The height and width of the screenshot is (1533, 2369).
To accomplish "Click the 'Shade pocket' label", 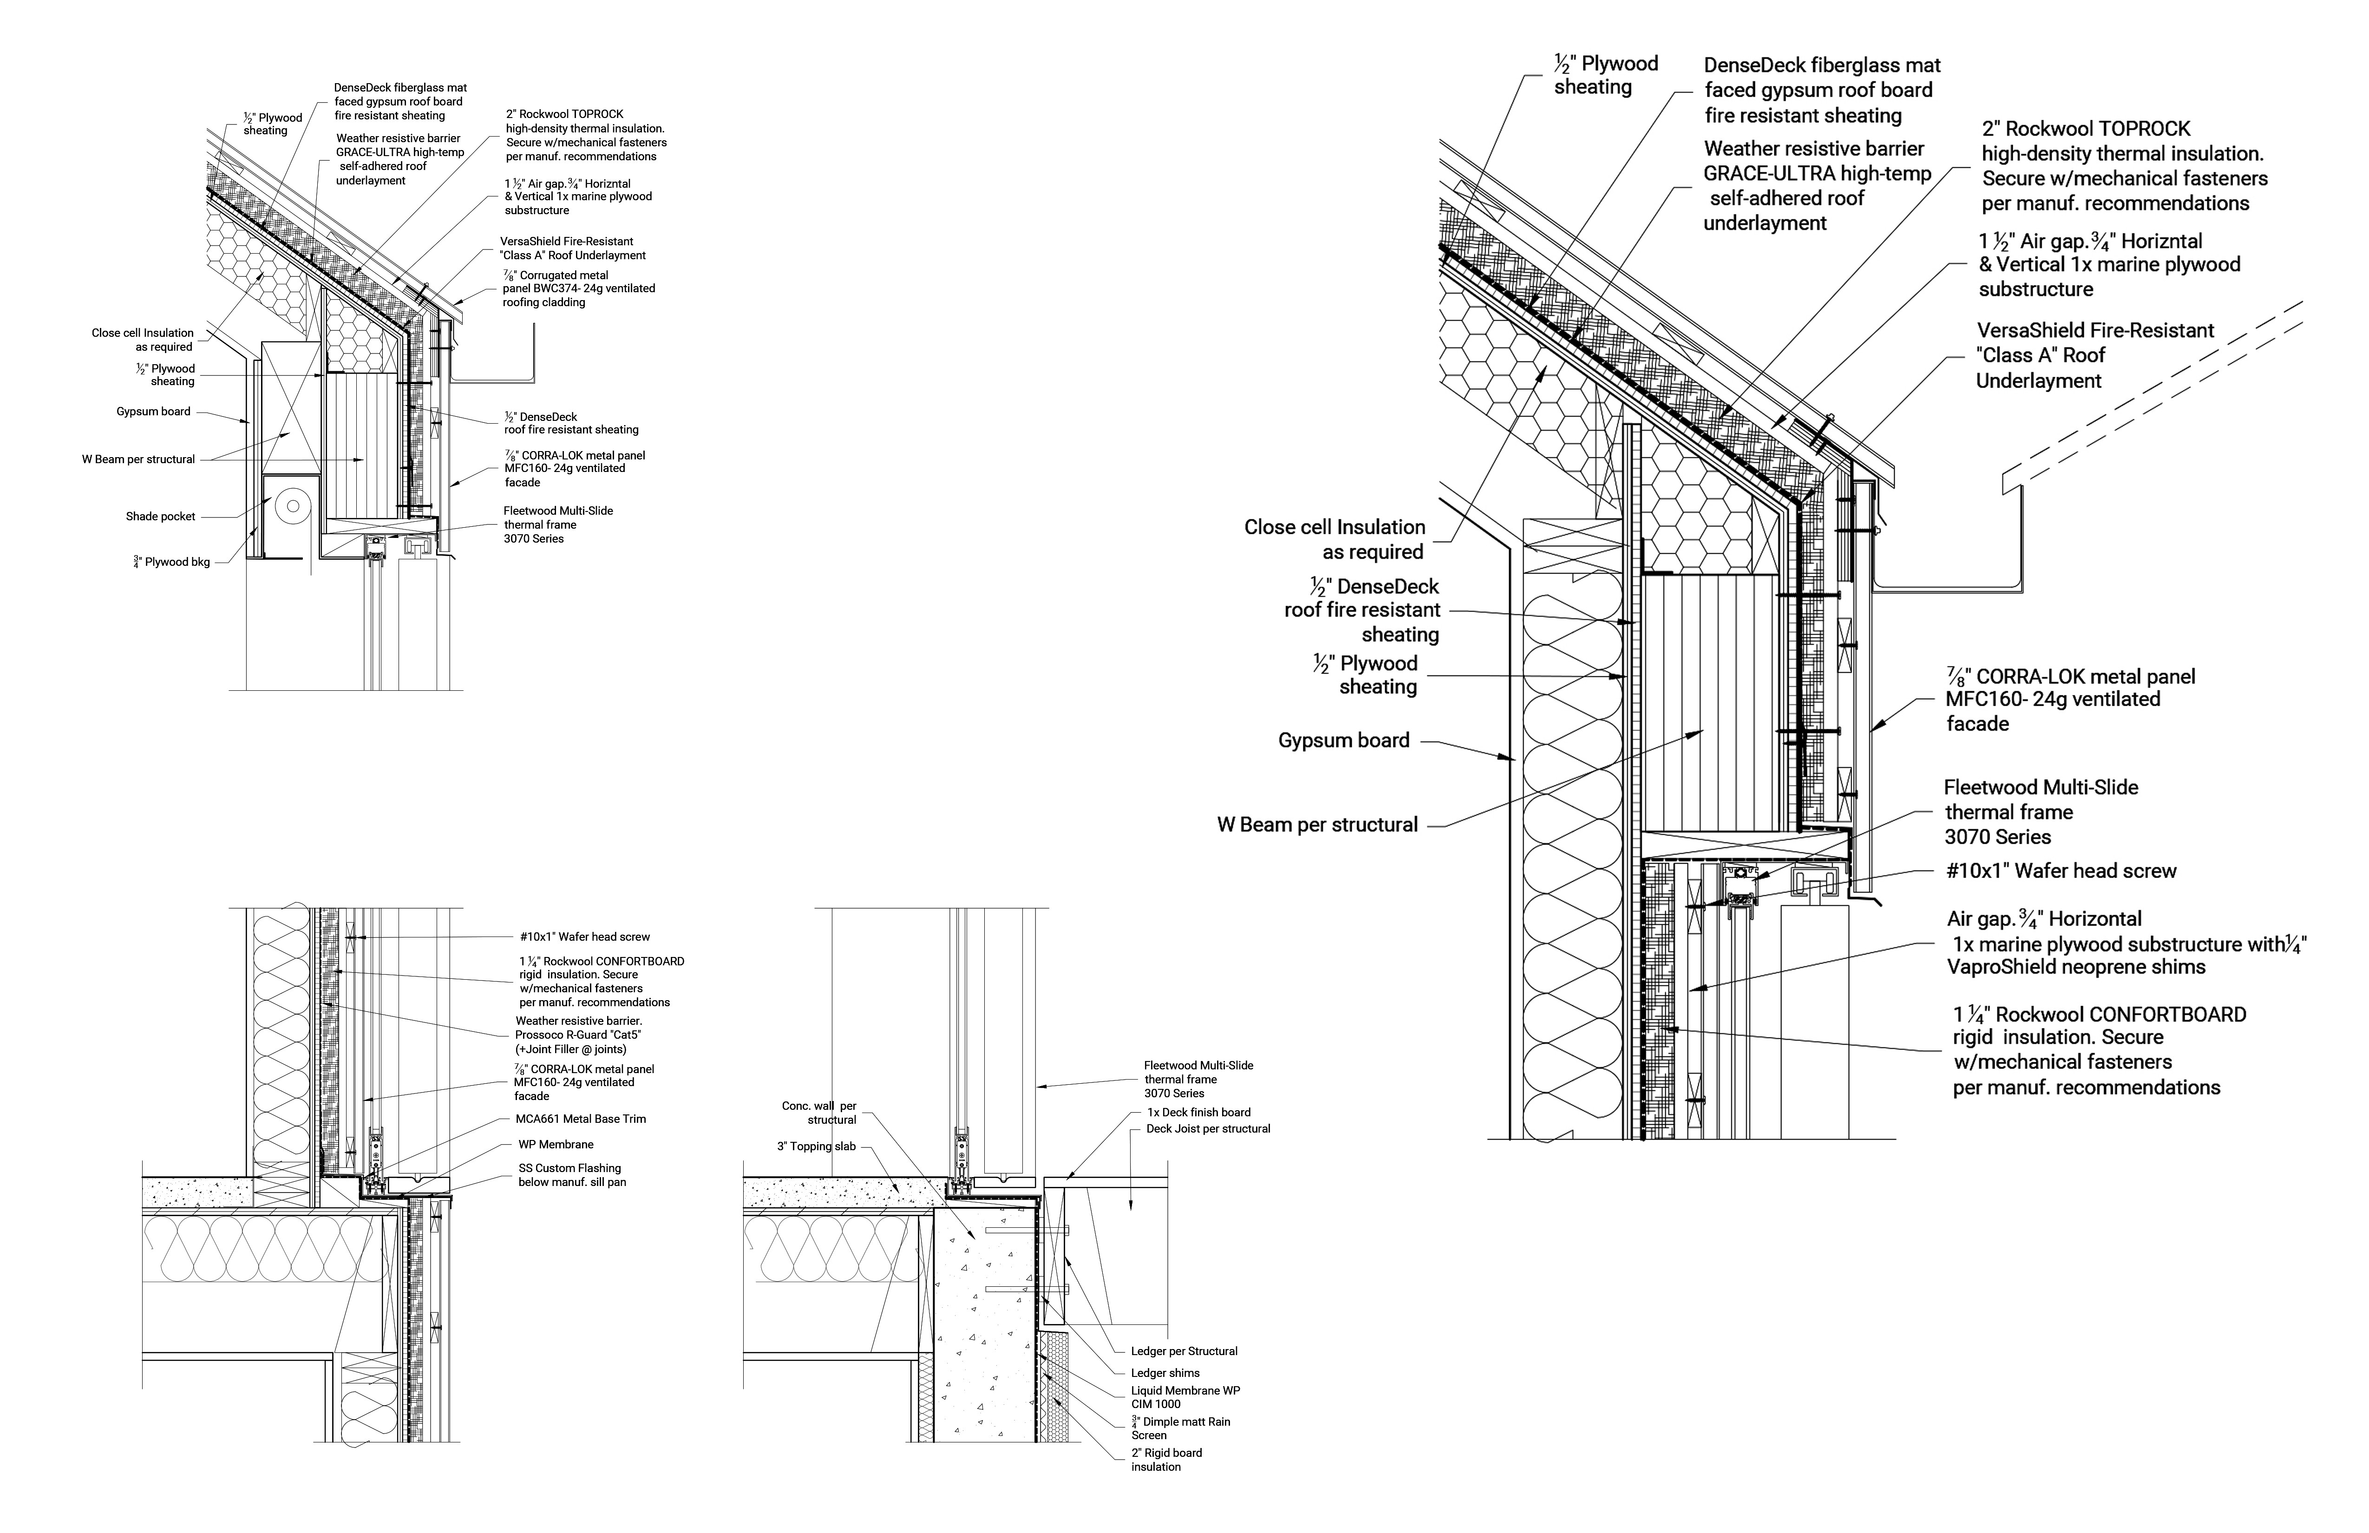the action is point(160,517).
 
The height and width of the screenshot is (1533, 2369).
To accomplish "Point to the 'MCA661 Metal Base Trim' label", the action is point(581,1119).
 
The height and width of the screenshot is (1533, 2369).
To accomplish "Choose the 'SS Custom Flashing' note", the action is point(572,1176).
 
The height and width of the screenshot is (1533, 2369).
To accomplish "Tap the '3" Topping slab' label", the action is point(816,1147).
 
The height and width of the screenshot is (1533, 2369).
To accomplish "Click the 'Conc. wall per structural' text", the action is point(819,1113).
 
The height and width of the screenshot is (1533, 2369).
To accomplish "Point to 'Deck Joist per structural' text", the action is point(1208,1129).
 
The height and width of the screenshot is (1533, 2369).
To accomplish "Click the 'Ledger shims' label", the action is point(1165,1373).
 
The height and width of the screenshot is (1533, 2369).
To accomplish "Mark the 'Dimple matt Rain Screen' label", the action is point(1180,1428).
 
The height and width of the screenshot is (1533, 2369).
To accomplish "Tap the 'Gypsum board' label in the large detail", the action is point(1344,740).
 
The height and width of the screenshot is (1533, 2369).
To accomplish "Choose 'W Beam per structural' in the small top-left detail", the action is point(138,460).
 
